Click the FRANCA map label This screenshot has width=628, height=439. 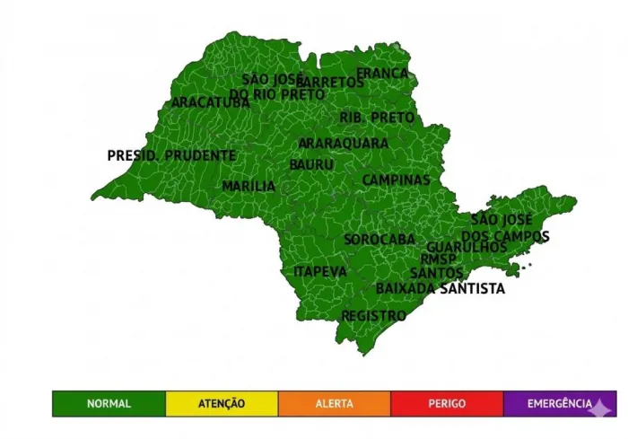[x=382, y=74]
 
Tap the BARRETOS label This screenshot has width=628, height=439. [x=330, y=83]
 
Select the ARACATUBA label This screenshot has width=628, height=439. [x=211, y=102]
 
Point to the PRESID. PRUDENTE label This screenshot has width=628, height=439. [x=171, y=155]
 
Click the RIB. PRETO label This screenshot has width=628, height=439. [x=377, y=118]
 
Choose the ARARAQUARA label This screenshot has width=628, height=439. [x=344, y=143]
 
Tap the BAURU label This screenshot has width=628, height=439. [x=311, y=165]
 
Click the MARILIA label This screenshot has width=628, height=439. [x=249, y=186]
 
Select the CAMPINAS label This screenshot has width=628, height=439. [x=396, y=180]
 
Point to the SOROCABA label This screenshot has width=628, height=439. [x=379, y=240]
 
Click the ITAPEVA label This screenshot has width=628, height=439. [x=319, y=271]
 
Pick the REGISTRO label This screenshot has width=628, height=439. [x=373, y=316]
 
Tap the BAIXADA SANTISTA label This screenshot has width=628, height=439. [x=440, y=288]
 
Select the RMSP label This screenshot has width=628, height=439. [x=438, y=259]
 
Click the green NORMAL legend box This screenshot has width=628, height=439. [x=109, y=404]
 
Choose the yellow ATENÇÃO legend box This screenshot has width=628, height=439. [x=222, y=404]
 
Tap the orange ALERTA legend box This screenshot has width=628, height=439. [x=335, y=404]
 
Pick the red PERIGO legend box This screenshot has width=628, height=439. [x=447, y=404]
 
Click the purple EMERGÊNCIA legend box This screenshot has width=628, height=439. [x=560, y=404]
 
